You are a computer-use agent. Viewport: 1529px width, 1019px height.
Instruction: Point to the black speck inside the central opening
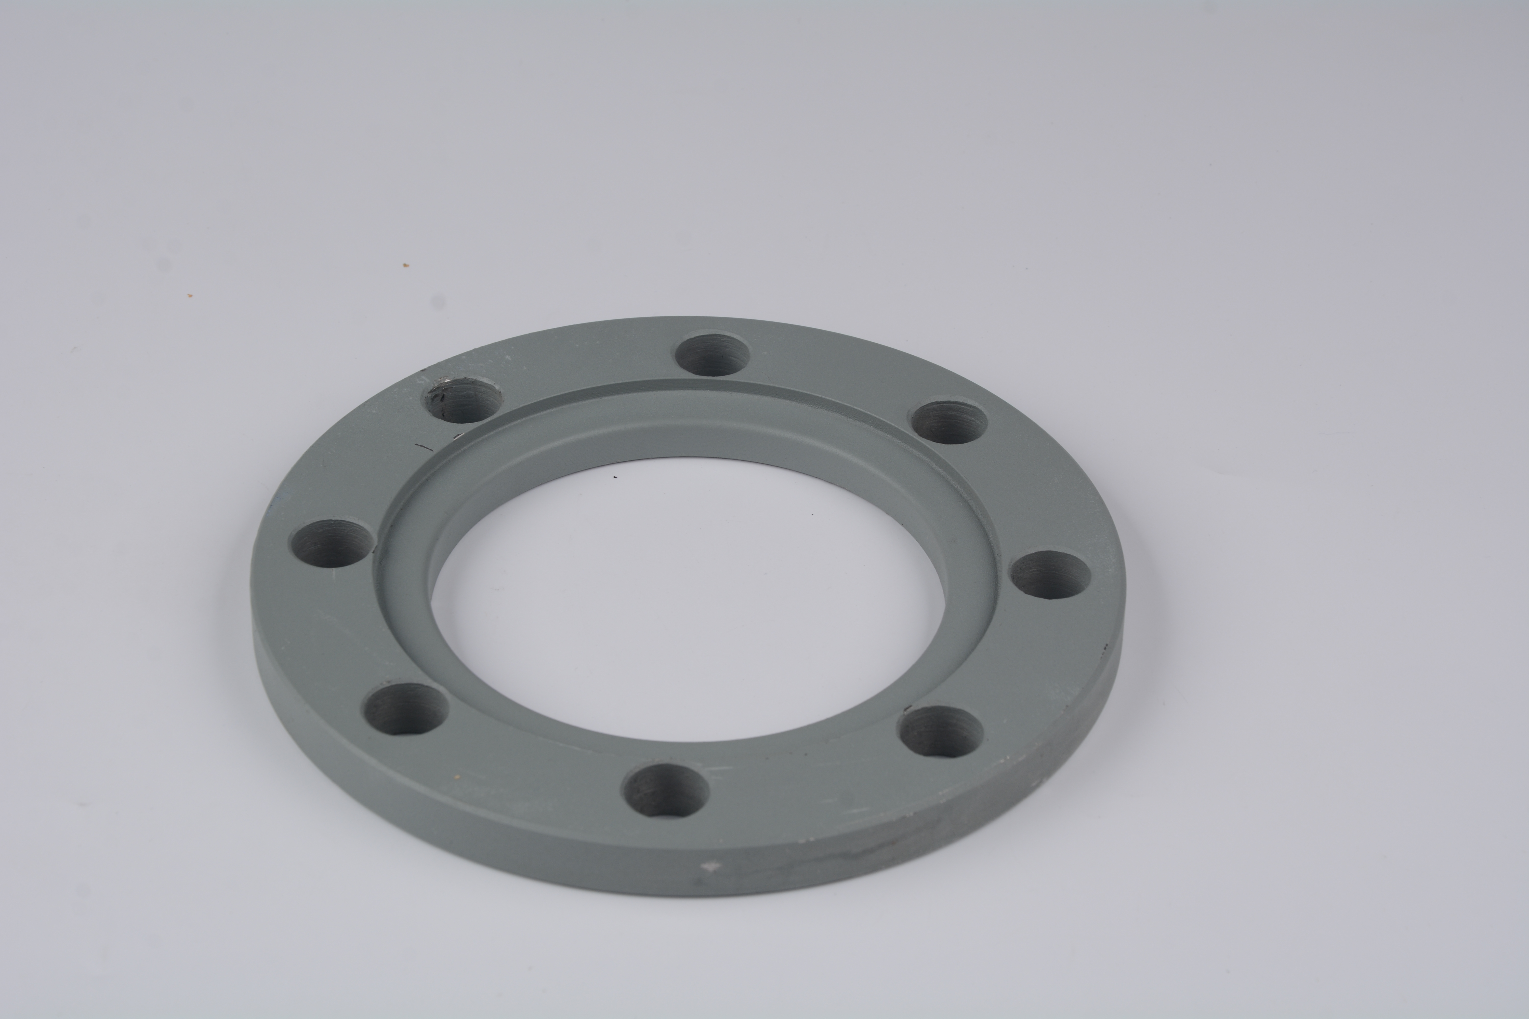[616, 476]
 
